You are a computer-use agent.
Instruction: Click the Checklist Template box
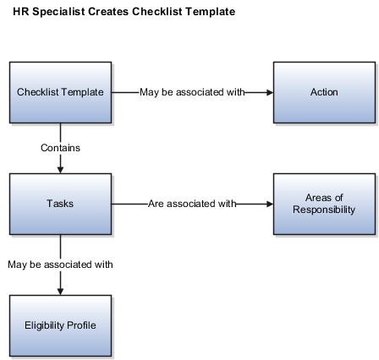point(60,92)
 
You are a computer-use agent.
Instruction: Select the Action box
point(324,92)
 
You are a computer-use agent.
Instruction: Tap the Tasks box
point(60,204)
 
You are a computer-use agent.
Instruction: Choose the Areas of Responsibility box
point(324,204)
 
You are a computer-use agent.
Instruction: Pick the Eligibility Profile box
point(60,325)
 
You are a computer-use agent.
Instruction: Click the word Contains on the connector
point(60,148)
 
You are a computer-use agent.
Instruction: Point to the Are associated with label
point(192,204)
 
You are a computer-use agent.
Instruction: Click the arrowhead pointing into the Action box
point(270,92)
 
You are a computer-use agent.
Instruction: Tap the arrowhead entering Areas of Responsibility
point(270,204)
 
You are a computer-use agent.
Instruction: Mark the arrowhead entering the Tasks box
point(60,170)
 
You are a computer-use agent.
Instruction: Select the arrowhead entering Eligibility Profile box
point(60,292)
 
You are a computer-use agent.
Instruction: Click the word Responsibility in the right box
point(324,210)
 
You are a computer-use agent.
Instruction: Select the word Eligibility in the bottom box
point(41,325)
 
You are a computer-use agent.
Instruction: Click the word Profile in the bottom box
point(78,325)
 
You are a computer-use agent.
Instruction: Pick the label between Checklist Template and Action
point(192,92)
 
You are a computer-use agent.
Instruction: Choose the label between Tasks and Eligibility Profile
point(60,265)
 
